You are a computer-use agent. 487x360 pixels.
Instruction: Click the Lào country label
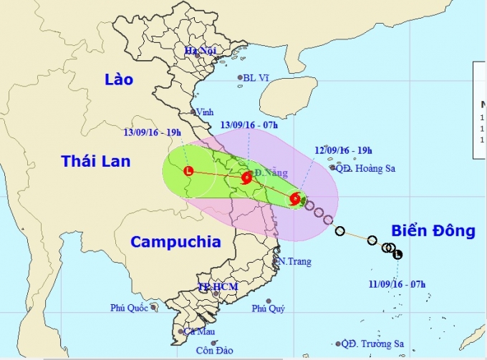[118, 79]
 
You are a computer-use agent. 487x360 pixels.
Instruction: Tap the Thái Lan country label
[95, 161]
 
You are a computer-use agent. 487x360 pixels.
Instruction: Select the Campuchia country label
[175, 241]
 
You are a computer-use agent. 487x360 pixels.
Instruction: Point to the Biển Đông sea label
[433, 230]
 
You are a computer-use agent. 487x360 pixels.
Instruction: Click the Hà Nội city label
[201, 51]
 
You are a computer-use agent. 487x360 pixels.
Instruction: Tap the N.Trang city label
[296, 261]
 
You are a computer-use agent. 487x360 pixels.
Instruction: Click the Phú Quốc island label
[129, 308]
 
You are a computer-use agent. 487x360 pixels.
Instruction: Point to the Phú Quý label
[269, 309]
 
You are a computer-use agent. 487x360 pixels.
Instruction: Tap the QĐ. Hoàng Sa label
[365, 169]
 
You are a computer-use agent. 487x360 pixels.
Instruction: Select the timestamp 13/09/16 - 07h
[249, 125]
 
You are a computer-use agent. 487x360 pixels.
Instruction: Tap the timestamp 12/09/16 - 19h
[343, 151]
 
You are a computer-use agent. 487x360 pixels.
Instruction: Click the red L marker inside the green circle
[188, 171]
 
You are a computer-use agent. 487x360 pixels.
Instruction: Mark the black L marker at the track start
[398, 253]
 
